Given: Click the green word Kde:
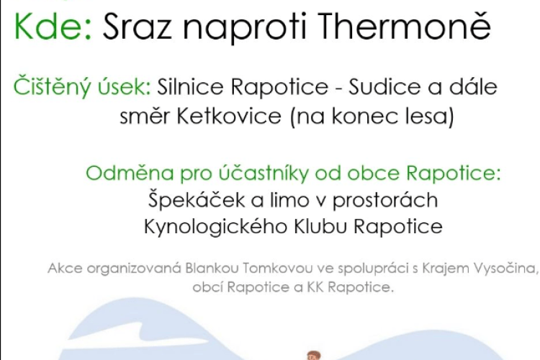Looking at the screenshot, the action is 53,26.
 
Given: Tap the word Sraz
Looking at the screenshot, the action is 137,26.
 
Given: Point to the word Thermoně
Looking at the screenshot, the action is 405,24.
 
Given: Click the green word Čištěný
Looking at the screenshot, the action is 53,86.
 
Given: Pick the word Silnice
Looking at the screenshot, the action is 190,86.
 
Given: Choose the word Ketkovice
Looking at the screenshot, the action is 229,116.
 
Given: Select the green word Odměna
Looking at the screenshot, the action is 130,173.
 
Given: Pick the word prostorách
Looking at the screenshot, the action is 384,200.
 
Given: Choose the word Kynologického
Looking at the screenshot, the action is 215,227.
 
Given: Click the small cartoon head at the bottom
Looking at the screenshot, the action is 313,355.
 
